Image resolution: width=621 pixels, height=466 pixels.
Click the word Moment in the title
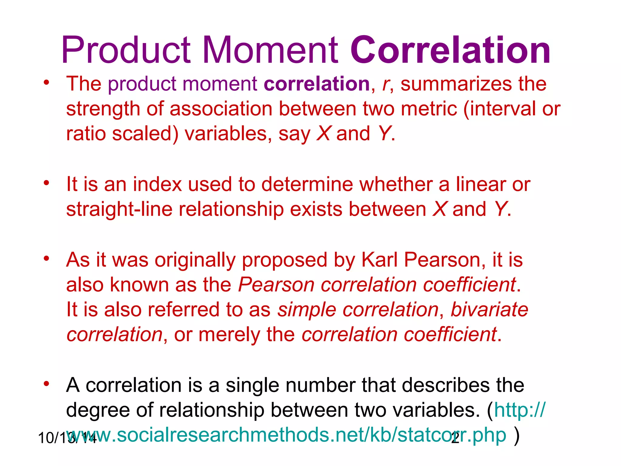pyautogui.click(x=270, y=50)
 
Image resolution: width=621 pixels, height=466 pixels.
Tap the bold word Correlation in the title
pyautogui.click(x=450, y=50)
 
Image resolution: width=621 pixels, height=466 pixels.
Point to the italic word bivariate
pyautogui.click(x=489, y=310)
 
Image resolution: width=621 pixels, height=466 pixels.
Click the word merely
pyautogui.click(x=229, y=335)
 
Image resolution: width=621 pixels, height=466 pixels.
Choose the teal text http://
pyautogui.click(x=519, y=410)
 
